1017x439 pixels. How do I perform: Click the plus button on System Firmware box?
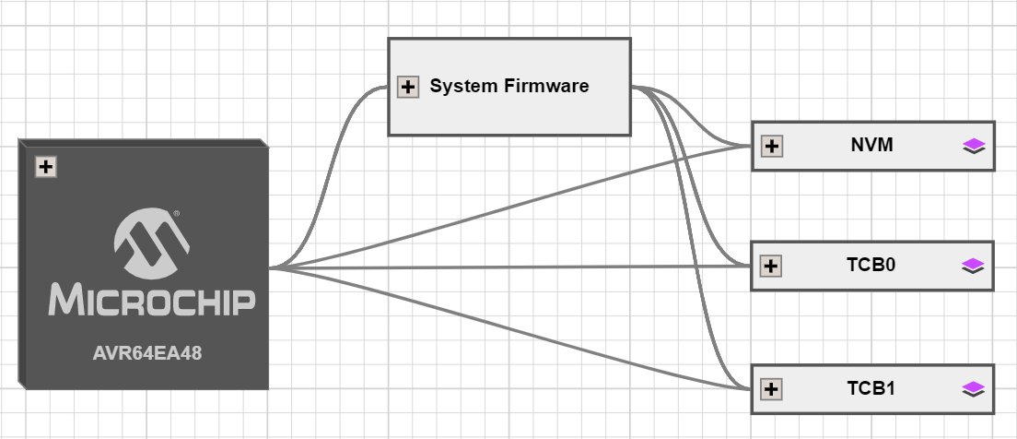coord(407,88)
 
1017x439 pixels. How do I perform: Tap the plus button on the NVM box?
coord(772,146)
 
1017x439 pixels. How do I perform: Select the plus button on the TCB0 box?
coord(772,267)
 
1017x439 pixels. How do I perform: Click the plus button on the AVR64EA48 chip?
coord(46,167)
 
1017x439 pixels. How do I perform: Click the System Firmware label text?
coord(508,87)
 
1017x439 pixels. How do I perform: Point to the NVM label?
coord(871,145)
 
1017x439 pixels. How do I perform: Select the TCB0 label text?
coord(871,266)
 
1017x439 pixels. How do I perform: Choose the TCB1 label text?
coord(871,388)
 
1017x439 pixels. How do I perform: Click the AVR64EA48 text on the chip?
coord(147,352)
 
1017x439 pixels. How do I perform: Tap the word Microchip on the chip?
coord(151,301)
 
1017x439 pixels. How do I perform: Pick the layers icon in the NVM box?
coord(974,146)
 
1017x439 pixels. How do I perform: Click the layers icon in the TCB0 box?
coord(974,267)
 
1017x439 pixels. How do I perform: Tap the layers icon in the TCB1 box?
coord(974,389)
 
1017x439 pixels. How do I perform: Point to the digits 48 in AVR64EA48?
coord(191,352)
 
